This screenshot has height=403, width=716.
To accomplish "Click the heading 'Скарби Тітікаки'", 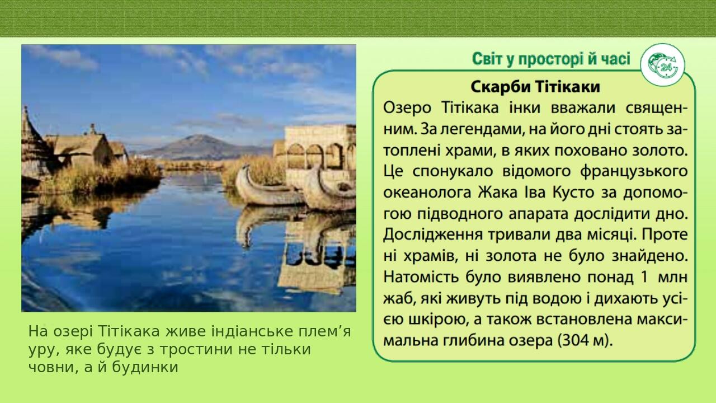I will point(535,87).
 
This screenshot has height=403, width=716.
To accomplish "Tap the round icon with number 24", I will point(663,65).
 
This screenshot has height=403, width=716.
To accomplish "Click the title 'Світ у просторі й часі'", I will point(551,59).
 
